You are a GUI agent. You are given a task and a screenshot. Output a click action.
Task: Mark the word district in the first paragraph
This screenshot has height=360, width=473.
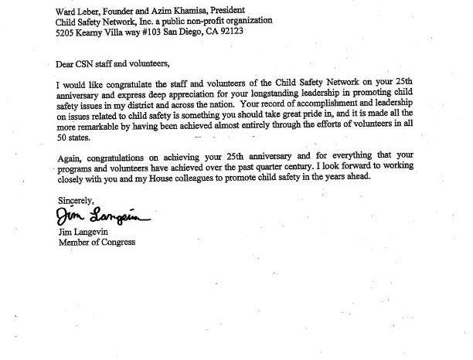(204, 105)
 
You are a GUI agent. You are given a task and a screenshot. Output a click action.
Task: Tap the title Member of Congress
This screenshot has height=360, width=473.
(97, 242)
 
